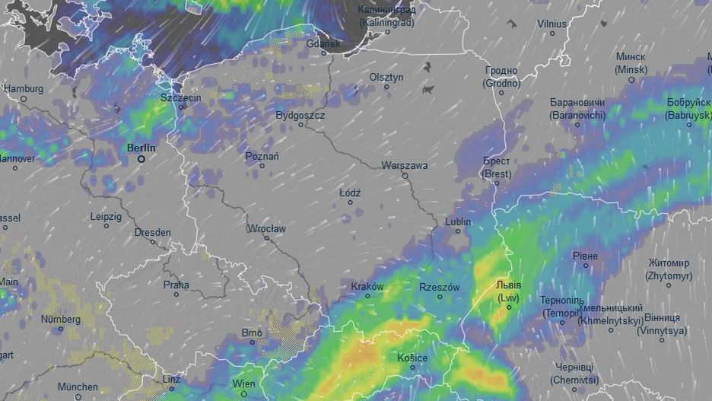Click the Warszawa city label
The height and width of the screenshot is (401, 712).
pos(404,165)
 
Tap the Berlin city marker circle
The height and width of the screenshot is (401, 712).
pos(141,159)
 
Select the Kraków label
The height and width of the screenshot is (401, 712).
pos(367,287)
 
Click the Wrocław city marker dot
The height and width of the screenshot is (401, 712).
pos(266,238)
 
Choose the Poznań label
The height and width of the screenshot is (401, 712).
pos(262,156)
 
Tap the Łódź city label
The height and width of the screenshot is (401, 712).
pos(350,193)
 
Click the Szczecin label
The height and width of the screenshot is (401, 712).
pos(180,99)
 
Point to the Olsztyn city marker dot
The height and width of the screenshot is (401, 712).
pos(386,87)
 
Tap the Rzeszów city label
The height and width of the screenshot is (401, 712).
pos(440,287)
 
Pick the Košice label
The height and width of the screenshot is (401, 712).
pos(412,358)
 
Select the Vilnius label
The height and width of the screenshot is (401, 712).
pos(552,24)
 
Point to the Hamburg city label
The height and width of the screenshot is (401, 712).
pos(24,88)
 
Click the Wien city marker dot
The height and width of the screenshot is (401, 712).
pos(243,393)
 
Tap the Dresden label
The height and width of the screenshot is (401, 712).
pos(152,232)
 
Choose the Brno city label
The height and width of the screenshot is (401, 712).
pos(251,333)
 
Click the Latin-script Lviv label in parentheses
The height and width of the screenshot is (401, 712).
pos(509,298)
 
